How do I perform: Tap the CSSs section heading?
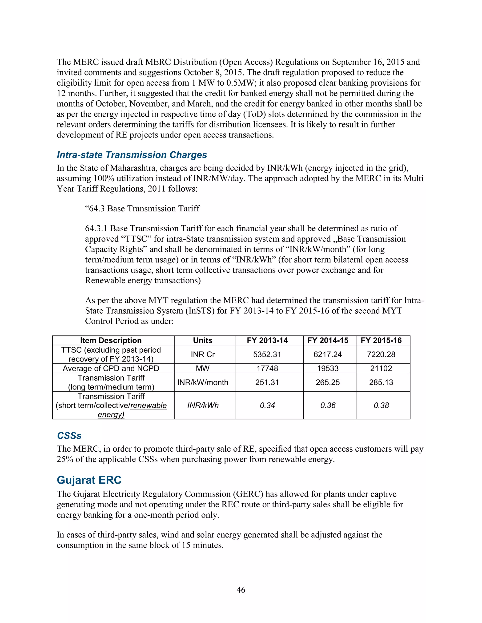69,436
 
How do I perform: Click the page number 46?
241,590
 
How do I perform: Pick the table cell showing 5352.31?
267,355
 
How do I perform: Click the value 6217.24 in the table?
328,355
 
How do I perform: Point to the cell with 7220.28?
381,355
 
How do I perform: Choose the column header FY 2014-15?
328,341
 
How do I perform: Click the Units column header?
202,341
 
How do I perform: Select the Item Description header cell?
111,341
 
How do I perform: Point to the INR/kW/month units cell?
202,382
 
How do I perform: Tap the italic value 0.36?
328,405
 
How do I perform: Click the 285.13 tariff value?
381,382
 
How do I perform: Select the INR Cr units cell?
202,355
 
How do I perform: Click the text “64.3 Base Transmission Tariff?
142,209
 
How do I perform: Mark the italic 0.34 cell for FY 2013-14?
267,405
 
